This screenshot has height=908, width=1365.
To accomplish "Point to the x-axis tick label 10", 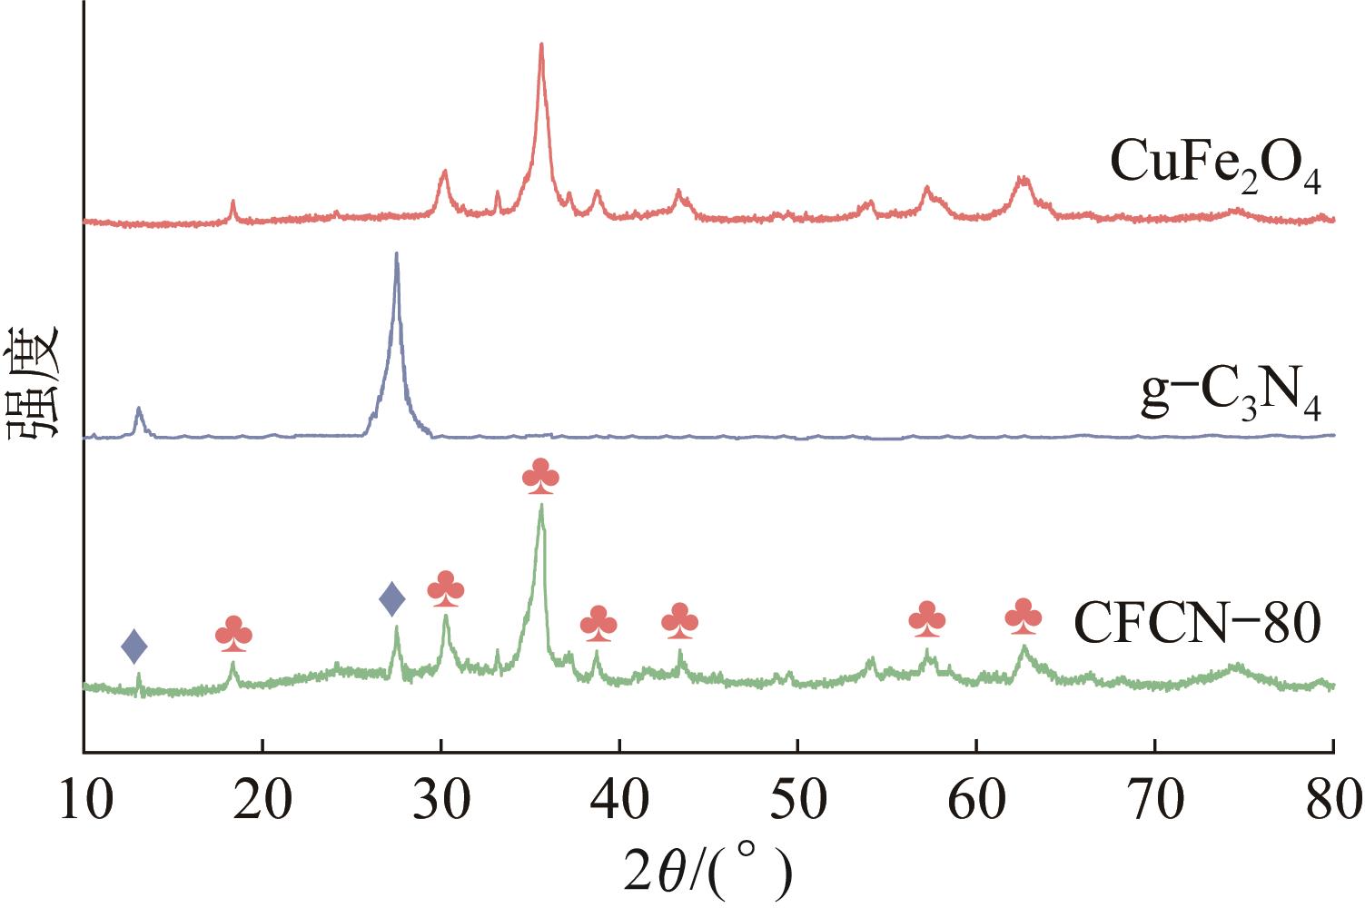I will point(84,802).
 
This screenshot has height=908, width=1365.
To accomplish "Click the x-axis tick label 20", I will point(262,802).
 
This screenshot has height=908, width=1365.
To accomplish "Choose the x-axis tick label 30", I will point(440,802).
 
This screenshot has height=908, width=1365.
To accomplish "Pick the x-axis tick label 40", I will point(618,802).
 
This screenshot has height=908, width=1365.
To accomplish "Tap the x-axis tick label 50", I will point(797,802).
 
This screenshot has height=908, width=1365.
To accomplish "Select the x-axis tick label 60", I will point(975,802).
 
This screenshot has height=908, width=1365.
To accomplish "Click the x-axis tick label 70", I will point(1154,802).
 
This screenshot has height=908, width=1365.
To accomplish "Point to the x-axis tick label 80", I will point(1331,802).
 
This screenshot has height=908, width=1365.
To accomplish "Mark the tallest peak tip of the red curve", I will point(541,44).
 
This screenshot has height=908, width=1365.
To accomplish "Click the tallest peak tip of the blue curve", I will point(396,253).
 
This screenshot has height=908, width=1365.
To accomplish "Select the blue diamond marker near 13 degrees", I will point(134,646).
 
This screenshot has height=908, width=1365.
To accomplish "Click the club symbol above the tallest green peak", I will point(541,478).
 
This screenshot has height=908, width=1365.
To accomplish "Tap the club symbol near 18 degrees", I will point(233,634).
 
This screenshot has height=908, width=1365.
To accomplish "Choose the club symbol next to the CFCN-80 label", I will point(1024,617).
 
